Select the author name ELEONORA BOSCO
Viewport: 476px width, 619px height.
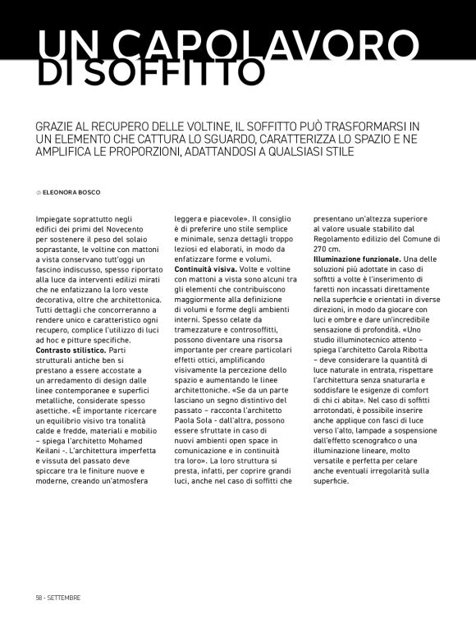pyautogui.click(x=71, y=192)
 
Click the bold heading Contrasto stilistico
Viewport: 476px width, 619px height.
pyautogui.click(x=72, y=349)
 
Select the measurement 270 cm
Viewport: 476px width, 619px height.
pyautogui.click(x=327, y=249)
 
